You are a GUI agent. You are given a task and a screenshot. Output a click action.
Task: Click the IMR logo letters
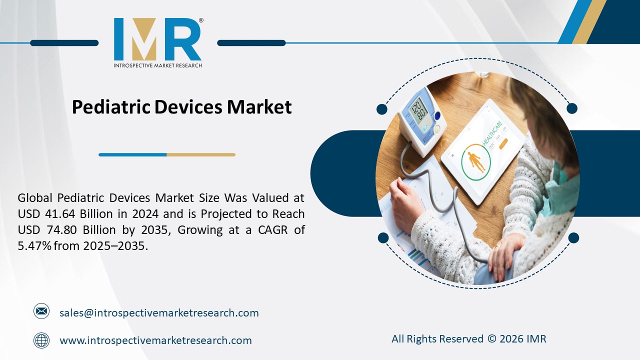click(157, 39)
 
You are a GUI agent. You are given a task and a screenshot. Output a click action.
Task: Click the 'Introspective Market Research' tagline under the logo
click(158, 65)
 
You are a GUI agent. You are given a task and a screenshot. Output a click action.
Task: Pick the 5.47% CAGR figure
click(34, 246)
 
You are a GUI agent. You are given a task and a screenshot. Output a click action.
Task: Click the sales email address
click(159, 313)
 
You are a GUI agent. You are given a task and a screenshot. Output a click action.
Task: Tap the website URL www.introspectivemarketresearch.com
click(155, 340)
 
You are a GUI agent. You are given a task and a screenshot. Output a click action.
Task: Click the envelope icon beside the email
click(41, 311)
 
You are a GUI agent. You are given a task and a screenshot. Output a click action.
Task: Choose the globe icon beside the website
click(41, 340)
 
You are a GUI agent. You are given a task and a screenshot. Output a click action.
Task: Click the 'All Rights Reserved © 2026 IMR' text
click(468, 339)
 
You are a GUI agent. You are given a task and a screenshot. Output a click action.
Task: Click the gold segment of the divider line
click(200, 155)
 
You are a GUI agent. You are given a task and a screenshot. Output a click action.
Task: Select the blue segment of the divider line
click(132, 155)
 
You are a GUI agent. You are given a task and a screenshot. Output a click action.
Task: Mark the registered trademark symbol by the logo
click(201, 20)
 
